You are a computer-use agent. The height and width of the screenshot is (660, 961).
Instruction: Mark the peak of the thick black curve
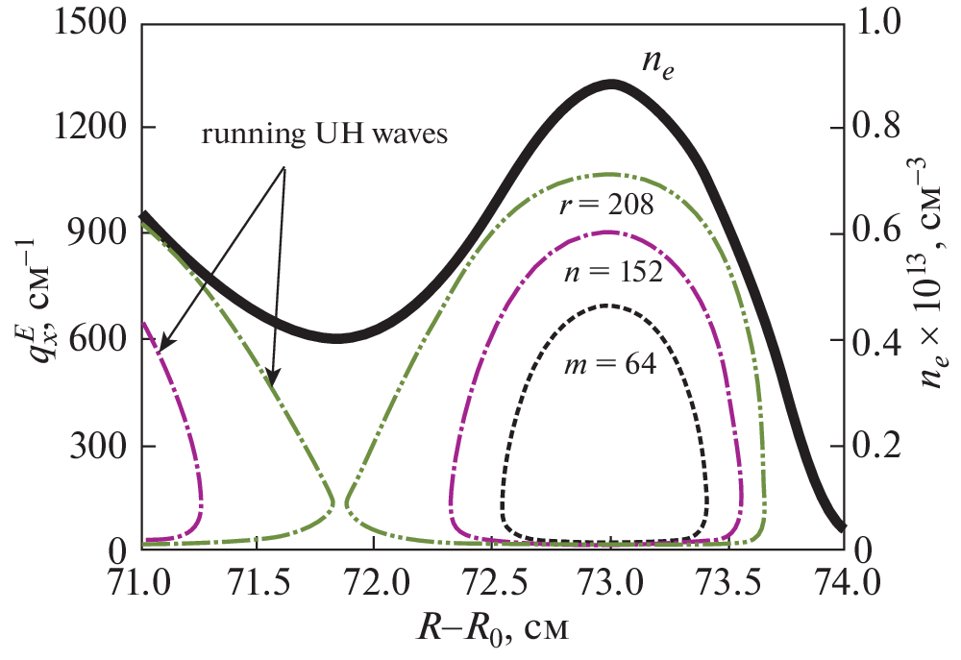(x=612, y=85)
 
